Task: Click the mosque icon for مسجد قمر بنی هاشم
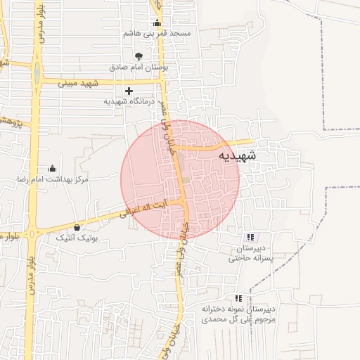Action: [156, 23]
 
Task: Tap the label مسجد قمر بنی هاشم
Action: [157, 34]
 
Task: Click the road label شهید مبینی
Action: [104, 82]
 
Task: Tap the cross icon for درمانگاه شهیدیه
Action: [129, 91]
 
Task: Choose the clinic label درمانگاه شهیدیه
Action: [129, 101]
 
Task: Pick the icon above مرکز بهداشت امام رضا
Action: [52, 169]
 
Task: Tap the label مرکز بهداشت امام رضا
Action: [53, 180]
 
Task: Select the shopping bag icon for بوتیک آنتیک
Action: [77, 228]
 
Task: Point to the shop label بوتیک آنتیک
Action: [77, 238]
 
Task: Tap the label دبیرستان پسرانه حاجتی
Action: [253, 253]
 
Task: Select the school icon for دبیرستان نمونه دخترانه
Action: [238, 298]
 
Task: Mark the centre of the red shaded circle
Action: [180, 179]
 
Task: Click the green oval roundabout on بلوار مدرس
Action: [35, 70]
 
